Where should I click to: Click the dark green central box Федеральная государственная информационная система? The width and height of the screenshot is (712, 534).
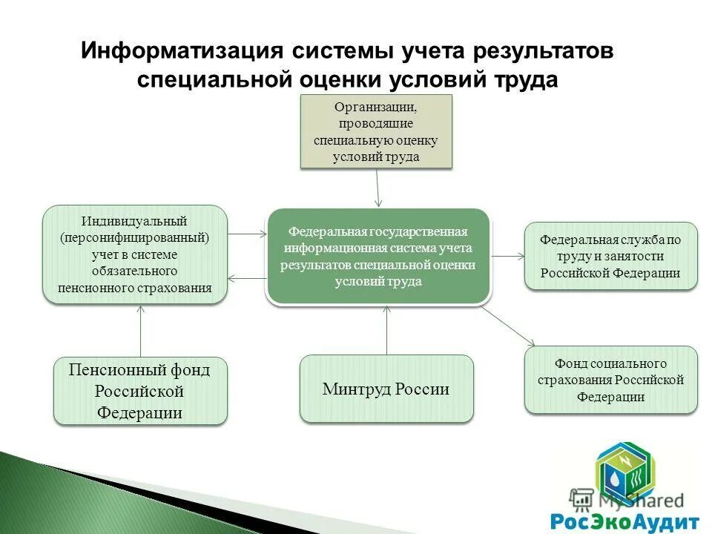pyautogui.click(x=378, y=257)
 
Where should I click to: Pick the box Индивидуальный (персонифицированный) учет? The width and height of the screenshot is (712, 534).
pyautogui.click(x=134, y=254)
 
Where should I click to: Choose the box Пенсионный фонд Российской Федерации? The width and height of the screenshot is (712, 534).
pyautogui.click(x=140, y=391)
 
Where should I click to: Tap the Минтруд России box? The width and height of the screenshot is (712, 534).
pyautogui.click(x=386, y=389)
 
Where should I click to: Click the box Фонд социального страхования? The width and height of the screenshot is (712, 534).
pyautogui.click(x=610, y=380)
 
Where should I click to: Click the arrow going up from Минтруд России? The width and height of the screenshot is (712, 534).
pyautogui.click(x=386, y=330)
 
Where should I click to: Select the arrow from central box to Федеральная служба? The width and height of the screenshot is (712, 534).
pyautogui.click(x=508, y=256)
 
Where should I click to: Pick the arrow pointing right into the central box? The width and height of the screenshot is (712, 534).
pyautogui.click(x=246, y=234)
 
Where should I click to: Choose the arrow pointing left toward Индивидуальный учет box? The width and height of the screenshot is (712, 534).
pyautogui.click(x=246, y=279)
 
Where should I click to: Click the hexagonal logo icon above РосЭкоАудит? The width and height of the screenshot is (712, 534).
pyautogui.click(x=625, y=472)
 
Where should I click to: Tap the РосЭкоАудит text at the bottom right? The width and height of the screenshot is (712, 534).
pyautogui.click(x=624, y=518)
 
